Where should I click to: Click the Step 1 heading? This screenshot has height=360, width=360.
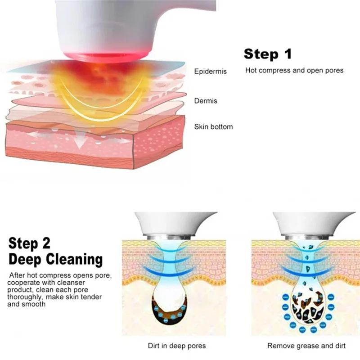[x=267, y=54]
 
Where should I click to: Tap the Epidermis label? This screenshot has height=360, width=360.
[x=211, y=71]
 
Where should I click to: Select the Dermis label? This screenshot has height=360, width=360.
[x=206, y=101]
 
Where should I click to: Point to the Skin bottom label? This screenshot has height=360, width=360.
[x=213, y=127]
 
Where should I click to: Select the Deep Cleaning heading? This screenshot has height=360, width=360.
[x=55, y=260]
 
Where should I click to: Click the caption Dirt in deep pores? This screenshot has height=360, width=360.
[x=177, y=346]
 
